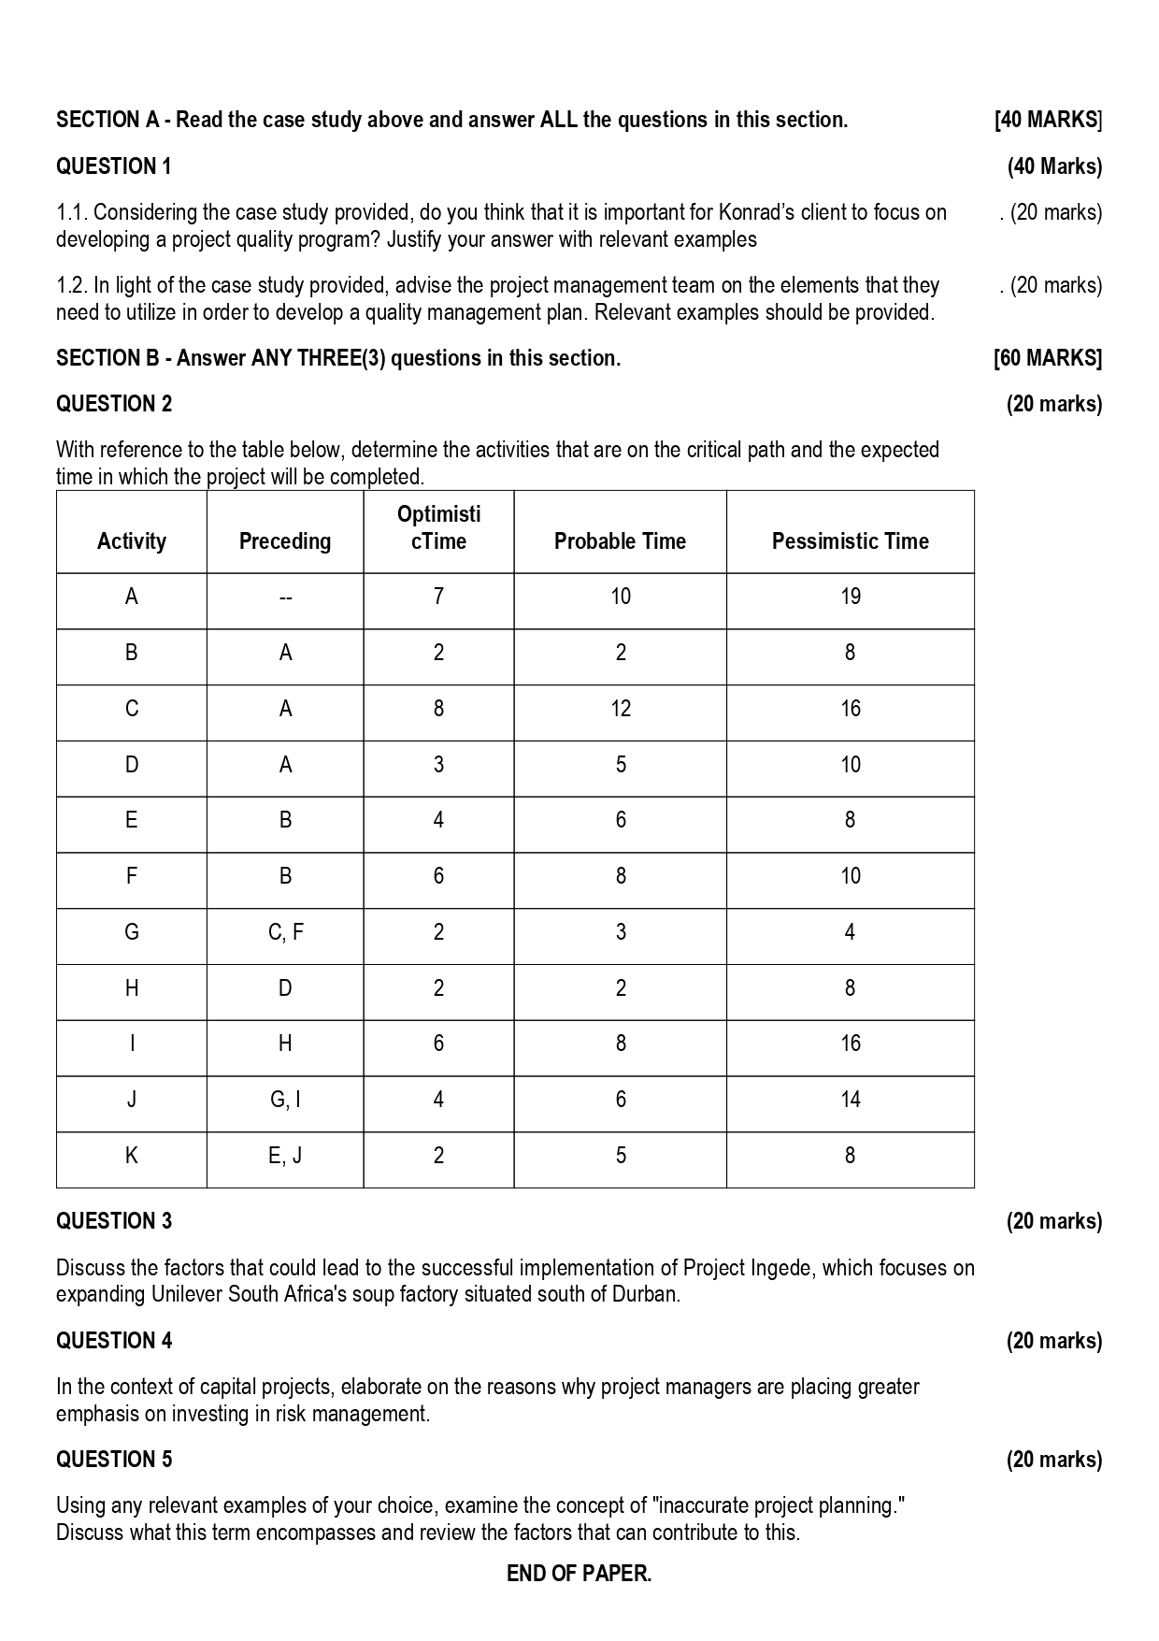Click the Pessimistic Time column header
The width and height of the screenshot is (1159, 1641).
(850, 541)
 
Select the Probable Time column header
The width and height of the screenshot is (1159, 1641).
(620, 541)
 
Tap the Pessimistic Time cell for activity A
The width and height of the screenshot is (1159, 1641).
(850, 597)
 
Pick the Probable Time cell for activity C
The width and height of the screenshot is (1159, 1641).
(620, 709)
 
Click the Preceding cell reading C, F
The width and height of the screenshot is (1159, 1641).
(285, 932)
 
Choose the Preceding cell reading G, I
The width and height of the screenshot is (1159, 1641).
(285, 1100)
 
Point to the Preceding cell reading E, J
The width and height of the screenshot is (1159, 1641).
(285, 1156)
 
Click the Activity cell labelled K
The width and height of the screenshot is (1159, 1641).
(132, 1156)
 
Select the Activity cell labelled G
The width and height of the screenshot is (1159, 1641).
(132, 932)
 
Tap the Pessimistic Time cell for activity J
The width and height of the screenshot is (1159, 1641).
(850, 1100)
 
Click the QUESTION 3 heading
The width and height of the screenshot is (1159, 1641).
(114, 1221)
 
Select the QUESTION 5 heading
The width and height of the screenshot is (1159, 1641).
(114, 1460)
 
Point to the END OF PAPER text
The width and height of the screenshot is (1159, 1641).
(579, 1574)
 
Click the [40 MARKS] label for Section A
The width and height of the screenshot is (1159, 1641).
(1048, 120)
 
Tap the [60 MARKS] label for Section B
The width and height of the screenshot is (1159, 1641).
(1048, 358)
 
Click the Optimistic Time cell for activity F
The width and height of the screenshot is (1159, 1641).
(438, 876)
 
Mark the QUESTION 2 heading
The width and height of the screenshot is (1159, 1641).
(114, 404)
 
